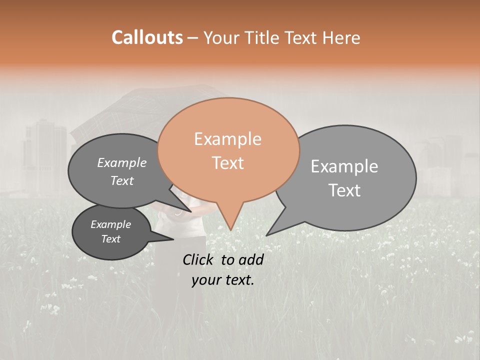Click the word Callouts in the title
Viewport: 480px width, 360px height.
pos(147,38)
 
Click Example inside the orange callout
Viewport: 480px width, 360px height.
pos(227,139)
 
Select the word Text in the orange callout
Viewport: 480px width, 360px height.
pos(227,163)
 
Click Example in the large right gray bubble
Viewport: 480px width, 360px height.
pos(344,166)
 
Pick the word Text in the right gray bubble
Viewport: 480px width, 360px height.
pos(344,190)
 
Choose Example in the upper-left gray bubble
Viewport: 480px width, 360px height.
pos(121,163)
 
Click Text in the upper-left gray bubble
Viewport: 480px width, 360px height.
pos(121,181)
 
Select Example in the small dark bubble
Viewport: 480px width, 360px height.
pos(110,225)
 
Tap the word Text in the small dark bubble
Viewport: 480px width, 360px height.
pos(110,239)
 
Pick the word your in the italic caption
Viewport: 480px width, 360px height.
pos(206,280)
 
